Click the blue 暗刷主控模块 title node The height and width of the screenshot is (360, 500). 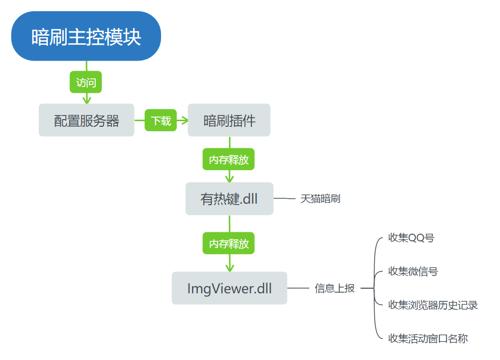[x=86, y=37]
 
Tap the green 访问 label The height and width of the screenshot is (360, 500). [x=86, y=82]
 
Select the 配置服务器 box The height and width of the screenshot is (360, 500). [x=86, y=121]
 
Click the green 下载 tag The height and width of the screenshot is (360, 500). [x=161, y=121]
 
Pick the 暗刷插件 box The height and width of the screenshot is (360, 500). [x=229, y=121]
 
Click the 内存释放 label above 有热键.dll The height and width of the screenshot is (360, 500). [x=229, y=159]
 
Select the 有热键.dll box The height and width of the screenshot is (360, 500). [x=229, y=199]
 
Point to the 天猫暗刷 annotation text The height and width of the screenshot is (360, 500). [x=320, y=199]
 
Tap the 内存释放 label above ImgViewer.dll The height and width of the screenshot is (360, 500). [x=229, y=243]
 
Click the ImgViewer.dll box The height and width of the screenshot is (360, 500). [x=229, y=289]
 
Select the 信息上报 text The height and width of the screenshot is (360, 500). [x=334, y=288]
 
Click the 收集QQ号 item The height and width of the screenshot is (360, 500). [x=411, y=238]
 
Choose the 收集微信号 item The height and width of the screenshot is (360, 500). [x=413, y=271]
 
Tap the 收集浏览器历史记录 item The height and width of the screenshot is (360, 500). [x=433, y=305]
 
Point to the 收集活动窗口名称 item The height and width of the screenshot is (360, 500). [x=428, y=338]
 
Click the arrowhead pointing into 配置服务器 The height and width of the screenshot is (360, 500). [x=86, y=99]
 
